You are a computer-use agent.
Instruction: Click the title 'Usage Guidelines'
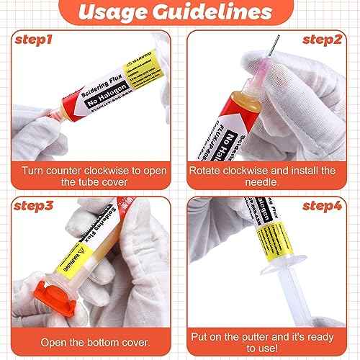pos(179,13)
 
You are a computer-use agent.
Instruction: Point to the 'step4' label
pos(323,206)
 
